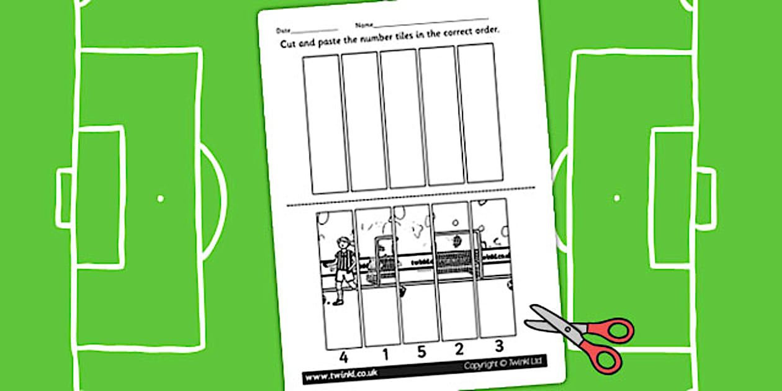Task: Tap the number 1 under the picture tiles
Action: coord(385,355)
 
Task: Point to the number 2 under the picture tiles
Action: coord(459,349)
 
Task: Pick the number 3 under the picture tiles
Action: coord(498,346)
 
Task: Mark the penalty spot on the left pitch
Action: coord(160,199)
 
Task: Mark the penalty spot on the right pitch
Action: coord(616,198)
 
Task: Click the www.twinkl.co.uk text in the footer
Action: coord(341,374)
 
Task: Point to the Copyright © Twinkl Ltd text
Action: coord(502,366)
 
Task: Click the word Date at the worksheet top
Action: coord(282,30)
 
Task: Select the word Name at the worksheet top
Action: coord(364,25)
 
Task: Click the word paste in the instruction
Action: coord(338,41)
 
